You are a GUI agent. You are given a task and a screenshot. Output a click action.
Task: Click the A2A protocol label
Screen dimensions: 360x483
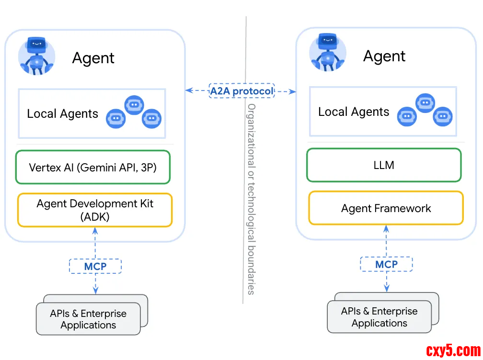[x=241, y=90]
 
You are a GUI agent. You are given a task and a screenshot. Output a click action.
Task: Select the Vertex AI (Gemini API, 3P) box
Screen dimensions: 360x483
[x=92, y=168]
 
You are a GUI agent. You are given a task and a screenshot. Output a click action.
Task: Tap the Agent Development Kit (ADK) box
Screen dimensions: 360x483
[x=95, y=210]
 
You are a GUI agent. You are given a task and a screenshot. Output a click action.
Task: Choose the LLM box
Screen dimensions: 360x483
[x=384, y=165]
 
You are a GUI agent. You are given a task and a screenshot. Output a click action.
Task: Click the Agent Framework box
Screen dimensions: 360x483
[x=386, y=208]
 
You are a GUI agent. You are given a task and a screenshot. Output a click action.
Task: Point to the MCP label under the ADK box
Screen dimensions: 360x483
[x=95, y=266]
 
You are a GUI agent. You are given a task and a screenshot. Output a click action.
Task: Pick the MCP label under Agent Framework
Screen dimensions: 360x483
[x=386, y=264]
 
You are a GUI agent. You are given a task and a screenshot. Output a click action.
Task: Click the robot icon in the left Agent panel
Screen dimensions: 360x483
[x=36, y=56]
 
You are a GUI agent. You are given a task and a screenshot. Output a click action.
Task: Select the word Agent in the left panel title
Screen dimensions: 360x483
[x=93, y=58]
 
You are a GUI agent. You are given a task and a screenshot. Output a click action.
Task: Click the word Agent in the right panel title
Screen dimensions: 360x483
[x=384, y=56]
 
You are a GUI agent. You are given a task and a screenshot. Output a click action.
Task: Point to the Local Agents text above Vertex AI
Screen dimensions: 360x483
[x=62, y=114]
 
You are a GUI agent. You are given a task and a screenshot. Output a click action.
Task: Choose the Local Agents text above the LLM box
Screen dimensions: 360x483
[x=354, y=112]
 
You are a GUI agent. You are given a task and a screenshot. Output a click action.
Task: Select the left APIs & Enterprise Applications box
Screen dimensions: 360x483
[x=88, y=319]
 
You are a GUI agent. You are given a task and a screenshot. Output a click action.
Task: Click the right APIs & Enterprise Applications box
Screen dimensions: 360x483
[x=379, y=317]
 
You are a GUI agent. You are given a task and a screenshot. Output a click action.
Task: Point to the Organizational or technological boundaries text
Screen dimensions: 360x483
[x=251, y=199]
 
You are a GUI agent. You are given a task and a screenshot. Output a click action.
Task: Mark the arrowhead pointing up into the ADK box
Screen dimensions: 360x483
[x=95, y=230]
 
